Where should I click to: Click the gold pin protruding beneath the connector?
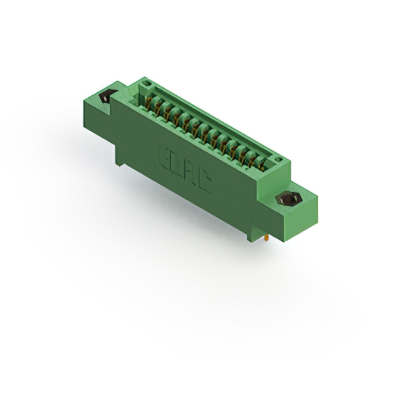pos(268,238)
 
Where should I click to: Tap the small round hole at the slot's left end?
pos(147,83)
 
